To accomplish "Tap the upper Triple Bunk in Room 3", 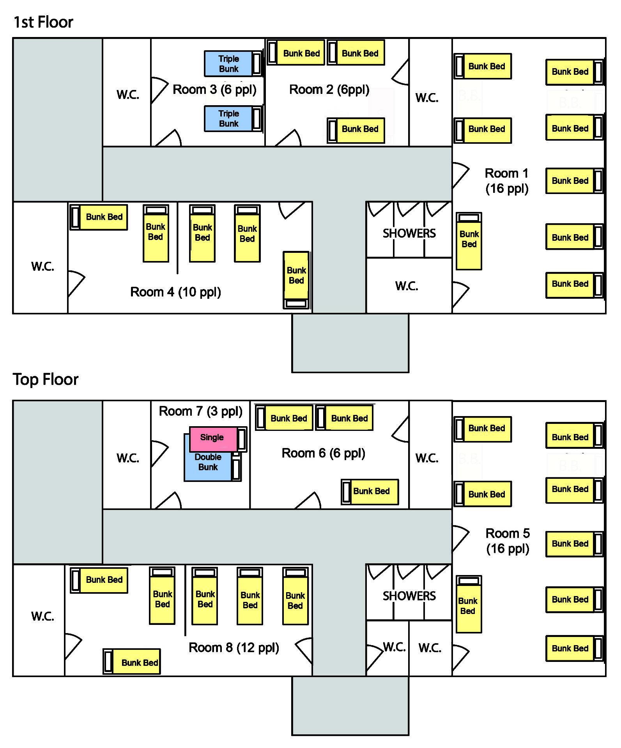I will tap(229, 64).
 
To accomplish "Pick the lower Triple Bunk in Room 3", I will tap(229, 118).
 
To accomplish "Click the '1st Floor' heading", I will tap(43, 22).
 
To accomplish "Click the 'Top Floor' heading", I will tap(46, 379).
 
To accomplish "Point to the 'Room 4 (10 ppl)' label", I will tap(175, 292).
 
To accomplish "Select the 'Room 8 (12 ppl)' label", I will tap(234, 647).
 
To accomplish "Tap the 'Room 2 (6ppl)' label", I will tap(329, 90).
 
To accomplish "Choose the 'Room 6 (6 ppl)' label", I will tap(323, 453).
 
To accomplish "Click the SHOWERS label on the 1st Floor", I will tap(409, 233).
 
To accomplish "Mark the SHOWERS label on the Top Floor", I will tap(409, 596).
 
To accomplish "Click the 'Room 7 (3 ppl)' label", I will tap(200, 411).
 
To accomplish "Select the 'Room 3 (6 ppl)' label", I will tap(214, 90).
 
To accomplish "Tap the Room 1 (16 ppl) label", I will tap(507, 181).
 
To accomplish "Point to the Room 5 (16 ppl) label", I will tap(508, 541).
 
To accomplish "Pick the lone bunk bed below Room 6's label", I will tap(370, 492).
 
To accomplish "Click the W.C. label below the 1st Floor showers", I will tap(407, 286).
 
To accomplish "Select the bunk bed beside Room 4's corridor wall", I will tap(296, 280).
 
